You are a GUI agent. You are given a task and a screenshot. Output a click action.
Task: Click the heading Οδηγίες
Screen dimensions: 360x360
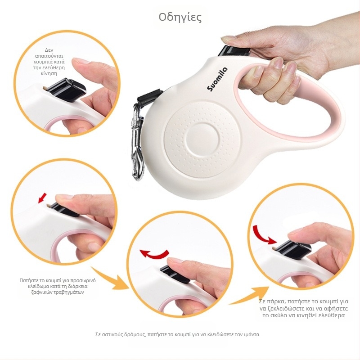[x=180, y=18]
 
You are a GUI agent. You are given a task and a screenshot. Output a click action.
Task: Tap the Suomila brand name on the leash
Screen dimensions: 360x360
[x=217, y=79]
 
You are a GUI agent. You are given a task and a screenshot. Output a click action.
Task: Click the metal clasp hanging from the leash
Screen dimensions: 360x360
[x=137, y=142]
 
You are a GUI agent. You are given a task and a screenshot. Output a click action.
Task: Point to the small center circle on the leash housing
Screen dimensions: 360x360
[x=203, y=139]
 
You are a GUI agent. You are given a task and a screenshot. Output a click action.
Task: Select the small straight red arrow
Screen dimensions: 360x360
[x=42, y=198]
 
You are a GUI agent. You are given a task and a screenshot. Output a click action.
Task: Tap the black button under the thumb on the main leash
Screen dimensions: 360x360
[x=234, y=51]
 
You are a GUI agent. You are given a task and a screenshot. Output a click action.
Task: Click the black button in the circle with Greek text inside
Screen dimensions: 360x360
[x=67, y=90]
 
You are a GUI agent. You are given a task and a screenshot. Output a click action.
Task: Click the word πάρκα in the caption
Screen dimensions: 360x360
[x=275, y=301]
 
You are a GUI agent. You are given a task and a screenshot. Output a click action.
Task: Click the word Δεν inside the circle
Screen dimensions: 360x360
[x=49, y=50]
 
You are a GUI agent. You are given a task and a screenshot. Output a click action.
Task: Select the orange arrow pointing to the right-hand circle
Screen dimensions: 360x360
[x=250, y=296]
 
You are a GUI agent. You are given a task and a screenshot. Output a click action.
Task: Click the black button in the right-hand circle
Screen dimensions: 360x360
[x=293, y=251]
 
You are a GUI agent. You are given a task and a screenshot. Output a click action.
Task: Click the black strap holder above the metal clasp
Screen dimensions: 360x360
[x=150, y=96]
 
